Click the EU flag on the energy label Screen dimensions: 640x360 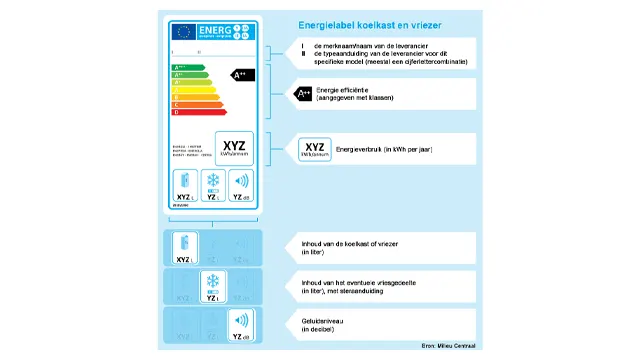coord(183,32)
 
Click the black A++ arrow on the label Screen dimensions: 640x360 coord(243,74)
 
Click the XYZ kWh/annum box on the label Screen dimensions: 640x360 coord(234,146)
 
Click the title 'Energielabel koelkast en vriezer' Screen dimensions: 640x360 coord(370,24)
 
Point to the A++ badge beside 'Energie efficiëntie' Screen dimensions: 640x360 coord(304,94)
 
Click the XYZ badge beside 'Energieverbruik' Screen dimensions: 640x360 coord(315,149)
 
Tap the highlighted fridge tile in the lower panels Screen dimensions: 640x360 coord(183,245)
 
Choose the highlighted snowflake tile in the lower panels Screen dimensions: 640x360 coord(212,283)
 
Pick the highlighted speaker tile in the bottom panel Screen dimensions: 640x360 coord(240,323)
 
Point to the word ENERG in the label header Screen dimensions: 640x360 coord(216,29)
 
